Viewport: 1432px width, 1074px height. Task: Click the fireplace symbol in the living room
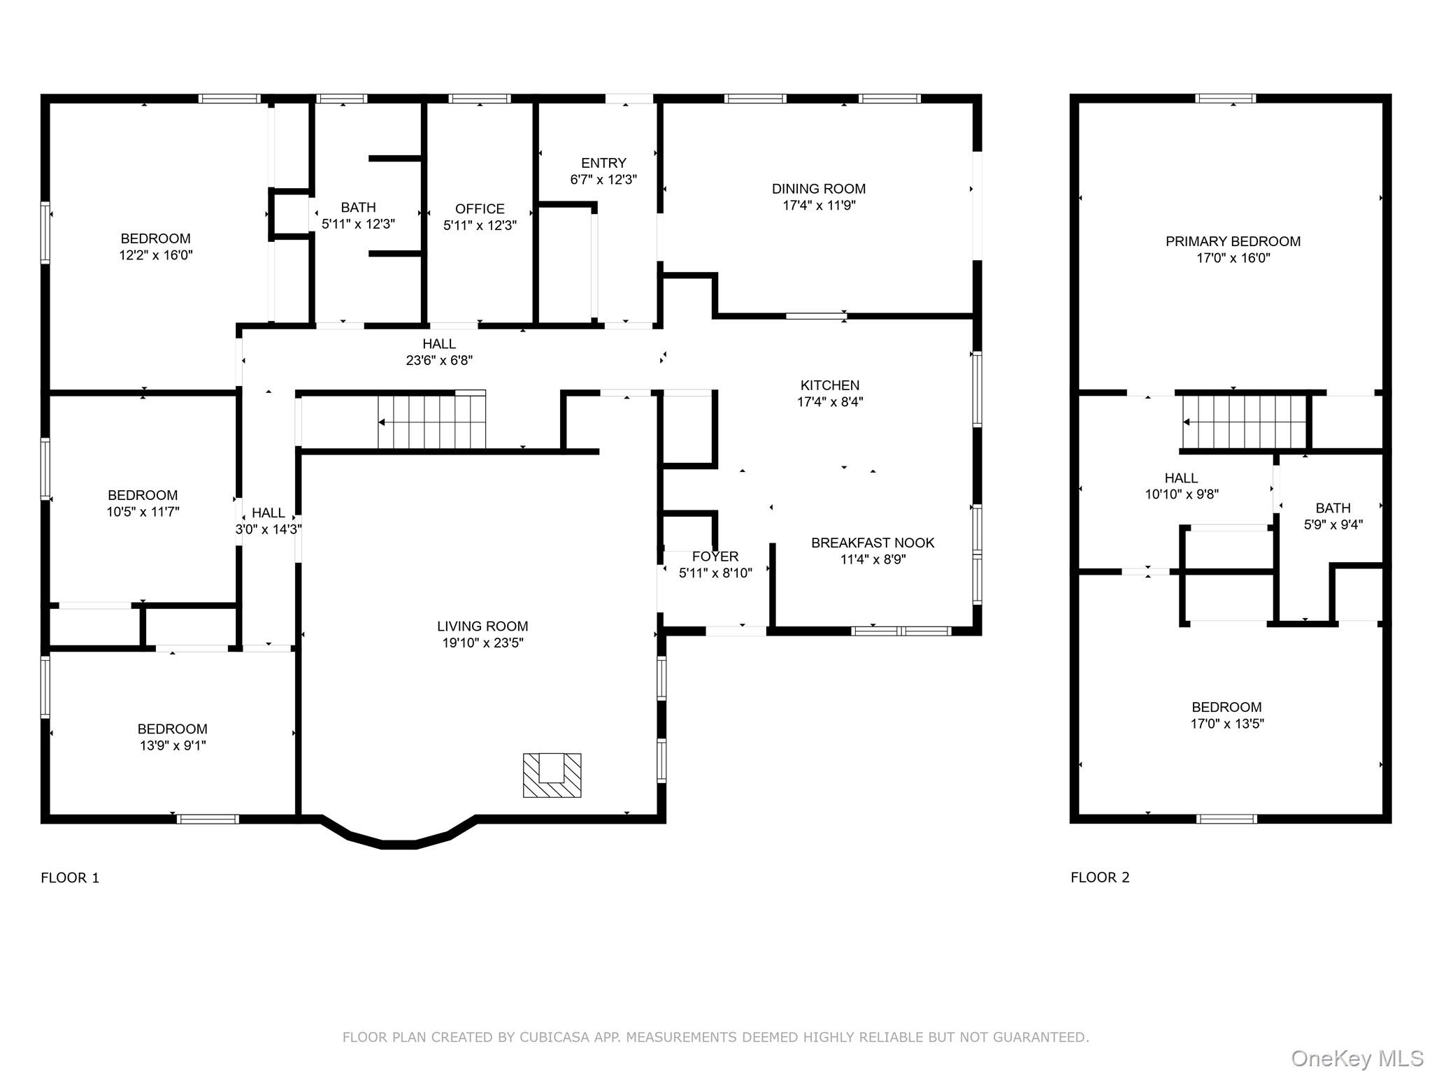tap(552, 775)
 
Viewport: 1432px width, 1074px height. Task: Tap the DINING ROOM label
tap(818, 189)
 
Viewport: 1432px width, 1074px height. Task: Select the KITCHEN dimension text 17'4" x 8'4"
tap(830, 402)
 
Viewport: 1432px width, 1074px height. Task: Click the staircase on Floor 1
tap(431, 422)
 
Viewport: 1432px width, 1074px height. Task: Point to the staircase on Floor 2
tap(1244, 422)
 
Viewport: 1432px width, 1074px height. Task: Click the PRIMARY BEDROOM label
tap(1233, 241)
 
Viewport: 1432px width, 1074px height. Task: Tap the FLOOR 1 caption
tap(70, 878)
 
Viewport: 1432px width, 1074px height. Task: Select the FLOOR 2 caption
tap(1100, 878)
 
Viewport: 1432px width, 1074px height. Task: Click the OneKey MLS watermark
tap(1356, 1059)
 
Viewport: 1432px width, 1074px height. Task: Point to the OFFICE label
tap(480, 209)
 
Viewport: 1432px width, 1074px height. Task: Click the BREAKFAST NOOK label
tap(873, 543)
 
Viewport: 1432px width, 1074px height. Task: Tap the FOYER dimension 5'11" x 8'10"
tap(715, 573)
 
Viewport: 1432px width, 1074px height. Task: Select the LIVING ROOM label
tap(482, 626)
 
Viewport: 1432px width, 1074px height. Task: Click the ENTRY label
tap(603, 163)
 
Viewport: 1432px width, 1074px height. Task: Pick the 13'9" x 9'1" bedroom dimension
tap(173, 746)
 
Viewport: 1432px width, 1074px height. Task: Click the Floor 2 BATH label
tap(1333, 508)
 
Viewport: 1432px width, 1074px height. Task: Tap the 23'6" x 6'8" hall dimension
tap(439, 361)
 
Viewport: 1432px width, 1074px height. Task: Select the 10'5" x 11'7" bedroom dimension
tap(143, 512)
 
